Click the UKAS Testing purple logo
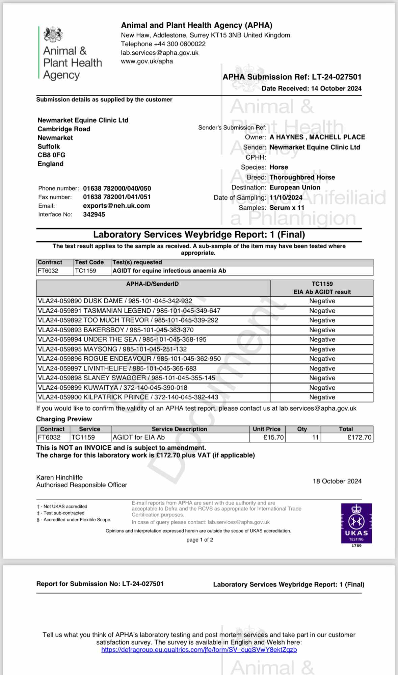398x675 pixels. click(356, 523)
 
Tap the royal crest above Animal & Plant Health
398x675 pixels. click(53, 35)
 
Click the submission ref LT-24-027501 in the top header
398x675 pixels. click(337, 77)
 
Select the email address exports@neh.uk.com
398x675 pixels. click(116, 206)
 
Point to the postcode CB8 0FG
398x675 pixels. click(52, 155)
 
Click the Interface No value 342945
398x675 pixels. click(94, 214)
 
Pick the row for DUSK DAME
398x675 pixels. click(115, 301)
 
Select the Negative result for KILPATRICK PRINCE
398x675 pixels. click(322, 397)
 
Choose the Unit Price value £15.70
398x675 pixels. click(273, 437)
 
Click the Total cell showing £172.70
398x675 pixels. click(360, 437)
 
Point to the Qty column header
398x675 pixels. click(302, 429)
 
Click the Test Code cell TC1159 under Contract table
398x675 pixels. click(85, 271)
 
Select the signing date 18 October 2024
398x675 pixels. click(337, 481)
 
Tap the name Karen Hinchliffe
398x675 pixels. click(59, 477)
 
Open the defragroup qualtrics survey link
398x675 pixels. click(199, 650)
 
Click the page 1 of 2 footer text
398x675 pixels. click(200, 540)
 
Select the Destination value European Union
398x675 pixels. click(295, 187)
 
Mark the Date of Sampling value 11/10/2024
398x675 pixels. click(286, 198)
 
